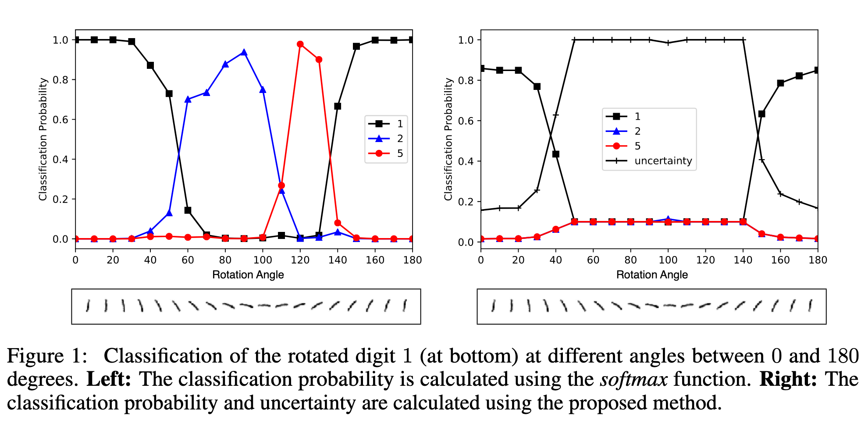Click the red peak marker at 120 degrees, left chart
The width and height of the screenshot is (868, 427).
pyautogui.click(x=300, y=44)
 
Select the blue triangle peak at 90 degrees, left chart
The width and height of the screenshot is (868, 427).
pyautogui.click(x=244, y=53)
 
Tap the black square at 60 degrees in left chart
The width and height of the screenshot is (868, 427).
pyautogui.click(x=188, y=210)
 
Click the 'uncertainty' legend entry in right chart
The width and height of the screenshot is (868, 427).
pyautogui.click(x=663, y=161)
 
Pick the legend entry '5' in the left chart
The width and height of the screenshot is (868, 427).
pyautogui.click(x=399, y=153)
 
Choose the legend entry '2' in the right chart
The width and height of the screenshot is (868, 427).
pyautogui.click(x=637, y=131)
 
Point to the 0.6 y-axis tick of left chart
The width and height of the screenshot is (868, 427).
pyautogui.click(x=60, y=120)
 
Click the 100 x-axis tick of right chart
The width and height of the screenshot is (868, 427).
pyautogui.click(x=668, y=260)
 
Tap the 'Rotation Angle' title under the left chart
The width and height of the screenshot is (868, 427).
pyautogui.click(x=248, y=275)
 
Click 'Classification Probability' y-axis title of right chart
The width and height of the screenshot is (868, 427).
pyautogui.click(x=448, y=139)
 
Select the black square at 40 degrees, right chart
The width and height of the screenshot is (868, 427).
pyautogui.click(x=556, y=154)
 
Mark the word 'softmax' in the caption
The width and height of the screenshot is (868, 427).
pyautogui.click(x=634, y=379)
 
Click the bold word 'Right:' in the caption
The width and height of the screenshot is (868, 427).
pyautogui.click(x=788, y=379)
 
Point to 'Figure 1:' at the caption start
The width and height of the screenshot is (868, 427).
pyautogui.click(x=47, y=356)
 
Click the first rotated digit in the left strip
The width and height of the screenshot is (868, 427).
pyautogui.click(x=88, y=306)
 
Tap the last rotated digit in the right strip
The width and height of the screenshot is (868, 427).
pyautogui.click(x=811, y=305)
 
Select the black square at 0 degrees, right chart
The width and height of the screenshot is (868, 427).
pyautogui.click(x=481, y=68)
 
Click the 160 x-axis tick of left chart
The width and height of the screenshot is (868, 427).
pyautogui.click(x=375, y=260)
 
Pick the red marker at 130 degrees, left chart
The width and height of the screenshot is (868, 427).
pyautogui.click(x=319, y=60)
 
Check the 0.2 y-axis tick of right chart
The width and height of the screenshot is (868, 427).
pyautogui.click(x=466, y=202)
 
